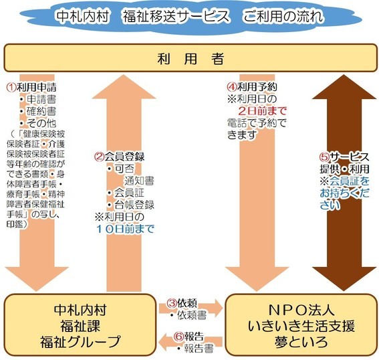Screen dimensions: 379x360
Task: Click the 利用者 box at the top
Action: [191, 58]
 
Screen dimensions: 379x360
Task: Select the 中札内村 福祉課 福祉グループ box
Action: [80, 325]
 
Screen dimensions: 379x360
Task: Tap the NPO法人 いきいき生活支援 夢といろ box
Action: [301, 325]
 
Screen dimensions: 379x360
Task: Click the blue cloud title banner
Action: [191, 16]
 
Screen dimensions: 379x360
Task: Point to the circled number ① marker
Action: [11, 88]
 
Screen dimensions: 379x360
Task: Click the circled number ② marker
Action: [99, 157]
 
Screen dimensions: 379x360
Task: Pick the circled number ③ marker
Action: [172, 303]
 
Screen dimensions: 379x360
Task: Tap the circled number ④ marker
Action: [232, 86]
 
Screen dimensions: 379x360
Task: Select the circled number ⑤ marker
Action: [325, 157]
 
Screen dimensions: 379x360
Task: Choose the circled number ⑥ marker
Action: [179, 337]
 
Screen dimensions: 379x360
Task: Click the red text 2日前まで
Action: [262, 111]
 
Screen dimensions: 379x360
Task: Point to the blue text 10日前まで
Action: [125, 229]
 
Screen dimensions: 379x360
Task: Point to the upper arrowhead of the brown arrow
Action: [344, 86]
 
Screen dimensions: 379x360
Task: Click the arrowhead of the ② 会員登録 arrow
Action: [124, 86]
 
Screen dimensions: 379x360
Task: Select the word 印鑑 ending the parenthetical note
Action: [15, 224]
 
